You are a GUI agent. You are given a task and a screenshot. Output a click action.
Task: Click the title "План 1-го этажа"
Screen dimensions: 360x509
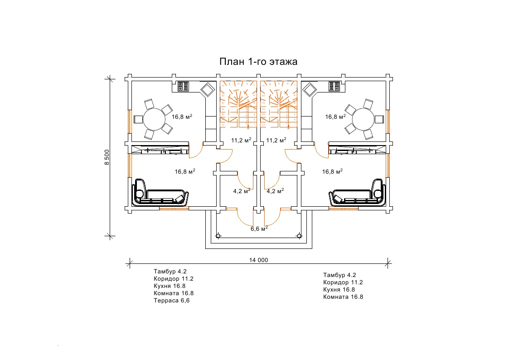tap(258, 62)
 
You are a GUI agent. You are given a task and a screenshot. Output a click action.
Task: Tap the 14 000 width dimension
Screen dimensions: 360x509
tap(259, 260)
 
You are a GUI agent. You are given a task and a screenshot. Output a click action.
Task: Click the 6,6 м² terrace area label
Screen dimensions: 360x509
tap(259, 229)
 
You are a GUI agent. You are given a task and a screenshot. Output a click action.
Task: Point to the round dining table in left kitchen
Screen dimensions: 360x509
tap(154, 119)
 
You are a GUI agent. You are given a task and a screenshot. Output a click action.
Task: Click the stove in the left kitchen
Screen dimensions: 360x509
tap(183, 87)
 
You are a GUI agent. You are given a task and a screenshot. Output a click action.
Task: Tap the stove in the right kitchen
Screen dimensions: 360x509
tap(334, 87)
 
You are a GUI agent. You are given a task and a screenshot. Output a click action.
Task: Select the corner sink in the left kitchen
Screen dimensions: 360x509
tap(208, 89)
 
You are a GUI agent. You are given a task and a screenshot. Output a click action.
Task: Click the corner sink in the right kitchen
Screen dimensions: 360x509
tap(310, 89)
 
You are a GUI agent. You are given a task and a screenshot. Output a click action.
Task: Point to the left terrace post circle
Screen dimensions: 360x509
tap(218, 236)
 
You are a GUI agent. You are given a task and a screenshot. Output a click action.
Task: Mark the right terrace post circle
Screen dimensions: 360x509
tap(299, 236)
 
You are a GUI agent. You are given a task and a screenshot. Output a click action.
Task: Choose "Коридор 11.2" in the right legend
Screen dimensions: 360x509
tap(343, 282)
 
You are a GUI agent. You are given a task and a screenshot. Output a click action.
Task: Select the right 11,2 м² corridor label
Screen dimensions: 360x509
tap(275, 140)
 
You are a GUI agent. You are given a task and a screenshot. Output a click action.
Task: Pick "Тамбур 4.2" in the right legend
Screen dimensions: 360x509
tap(339, 275)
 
